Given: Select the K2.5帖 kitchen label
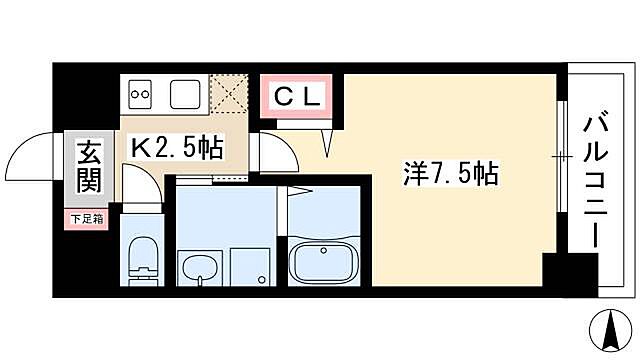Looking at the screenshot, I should coord(179,146).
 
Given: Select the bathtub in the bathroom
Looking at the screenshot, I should coord(323,262).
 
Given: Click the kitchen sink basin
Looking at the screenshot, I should coord(186,95).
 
